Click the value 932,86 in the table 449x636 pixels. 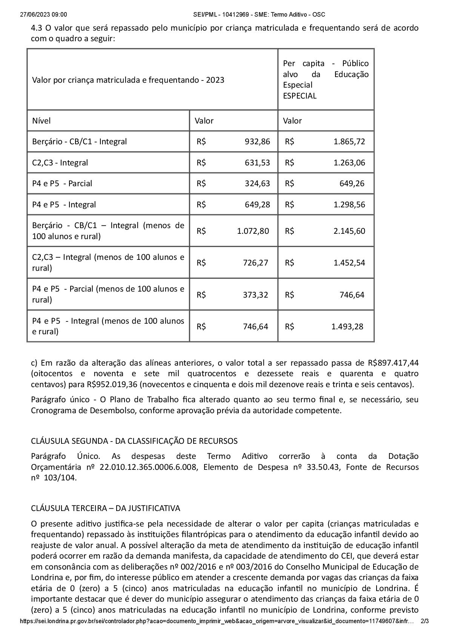pyautogui.click(x=257, y=142)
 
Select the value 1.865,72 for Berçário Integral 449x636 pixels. pyautogui.click(x=349, y=142)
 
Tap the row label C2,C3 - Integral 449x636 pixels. pyautogui.click(x=60, y=163)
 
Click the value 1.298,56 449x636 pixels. pyautogui.click(x=349, y=205)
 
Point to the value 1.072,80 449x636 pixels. pyautogui.click(x=253, y=231)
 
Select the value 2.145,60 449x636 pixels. pyautogui.click(x=349, y=231)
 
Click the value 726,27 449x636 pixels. pyautogui.click(x=255, y=262)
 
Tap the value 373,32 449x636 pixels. pyautogui.click(x=255, y=295)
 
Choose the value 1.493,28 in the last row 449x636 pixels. pyautogui.click(x=347, y=326)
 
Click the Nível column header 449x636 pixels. pyautogui.click(x=41, y=121)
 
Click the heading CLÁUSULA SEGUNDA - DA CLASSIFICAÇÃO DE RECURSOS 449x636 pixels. pyautogui.click(x=134, y=441)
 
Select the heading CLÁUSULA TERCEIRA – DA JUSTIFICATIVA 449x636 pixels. pyautogui.click(x=105, y=508)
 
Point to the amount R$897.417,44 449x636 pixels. pyautogui.click(x=393, y=363)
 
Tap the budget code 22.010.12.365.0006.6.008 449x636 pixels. pyautogui.click(x=148, y=467)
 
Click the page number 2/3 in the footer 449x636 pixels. pyautogui.click(x=424, y=631)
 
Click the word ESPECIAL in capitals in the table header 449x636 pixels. pyautogui.click(x=300, y=96)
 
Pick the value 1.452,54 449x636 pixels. pyautogui.click(x=349, y=262)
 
